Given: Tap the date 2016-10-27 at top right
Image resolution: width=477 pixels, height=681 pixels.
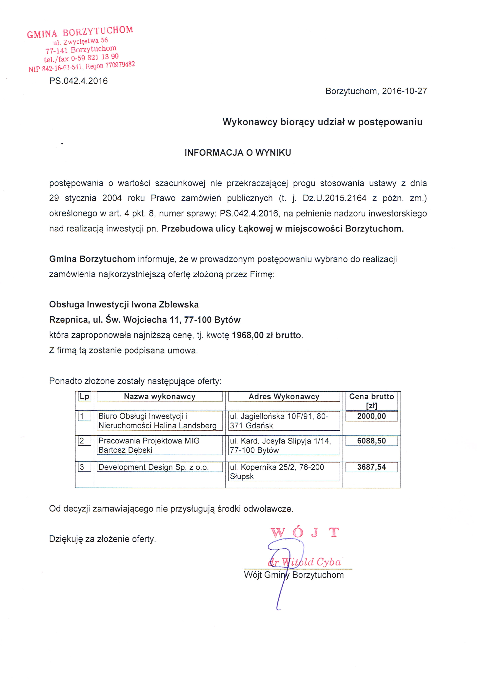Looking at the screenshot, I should coord(404,91).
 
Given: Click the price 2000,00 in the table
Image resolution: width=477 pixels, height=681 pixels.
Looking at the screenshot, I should coord(371,416).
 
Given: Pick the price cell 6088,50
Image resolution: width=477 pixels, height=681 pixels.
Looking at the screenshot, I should coord(371,441).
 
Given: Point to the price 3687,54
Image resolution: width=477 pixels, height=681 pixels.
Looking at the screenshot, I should coord(371,467).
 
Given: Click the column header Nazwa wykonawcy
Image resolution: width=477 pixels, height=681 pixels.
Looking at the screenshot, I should coord(159,397).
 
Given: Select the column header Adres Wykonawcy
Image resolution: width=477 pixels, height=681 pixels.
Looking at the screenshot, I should coord(284,397).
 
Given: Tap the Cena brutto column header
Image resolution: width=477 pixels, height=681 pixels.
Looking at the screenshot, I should coord(371,401).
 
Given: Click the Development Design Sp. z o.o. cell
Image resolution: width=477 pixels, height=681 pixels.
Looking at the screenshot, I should coord(153,467).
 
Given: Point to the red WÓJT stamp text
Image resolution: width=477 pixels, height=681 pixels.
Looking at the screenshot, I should coord(304,532).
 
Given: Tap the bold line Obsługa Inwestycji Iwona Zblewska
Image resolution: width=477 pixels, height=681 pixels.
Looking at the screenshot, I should coord(124,305).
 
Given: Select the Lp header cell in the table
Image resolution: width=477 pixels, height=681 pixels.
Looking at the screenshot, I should coord(84,397).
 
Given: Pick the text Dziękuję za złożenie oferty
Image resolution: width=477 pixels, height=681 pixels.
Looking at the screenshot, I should coord(102,539).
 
